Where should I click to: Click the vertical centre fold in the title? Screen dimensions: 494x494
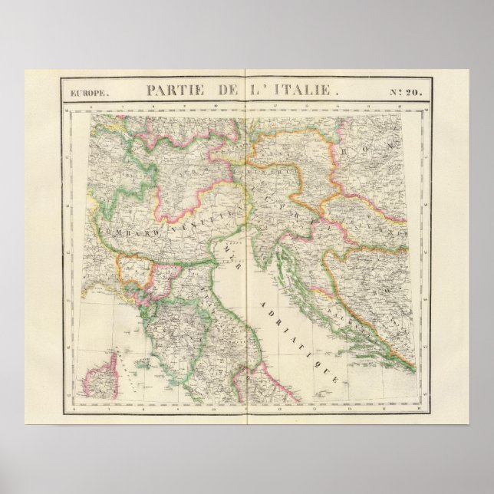pyautogui.click(x=245, y=90)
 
